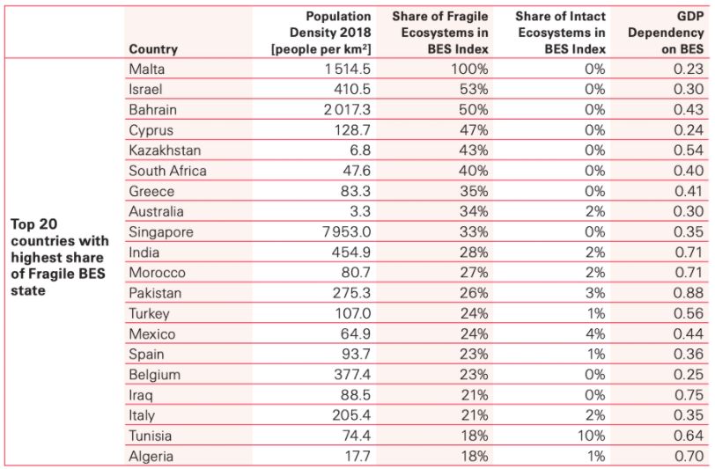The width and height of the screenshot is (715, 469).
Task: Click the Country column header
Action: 152,49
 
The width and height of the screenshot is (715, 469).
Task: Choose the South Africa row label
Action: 167,172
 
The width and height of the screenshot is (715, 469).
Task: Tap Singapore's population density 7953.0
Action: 340,232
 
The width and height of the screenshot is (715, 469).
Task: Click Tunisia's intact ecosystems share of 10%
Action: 592,436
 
